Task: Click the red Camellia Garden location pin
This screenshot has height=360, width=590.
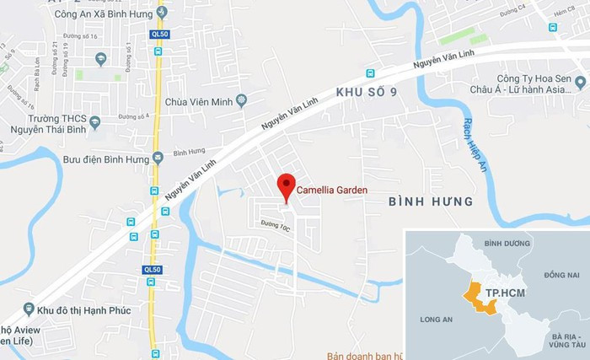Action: pyautogui.click(x=287, y=186)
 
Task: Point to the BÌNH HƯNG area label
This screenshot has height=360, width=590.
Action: pyautogui.click(x=431, y=202)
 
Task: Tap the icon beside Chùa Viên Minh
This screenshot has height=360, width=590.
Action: pyautogui.click(x=242, y=101)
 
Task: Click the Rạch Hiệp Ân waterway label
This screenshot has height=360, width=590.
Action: pyautogui.click(x=468, y=145)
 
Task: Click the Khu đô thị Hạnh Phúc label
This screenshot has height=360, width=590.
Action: pyautogui.click(x=87, y=309)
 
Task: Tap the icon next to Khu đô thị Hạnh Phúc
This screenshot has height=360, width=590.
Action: pyautogui.click(x=29, y=309)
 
